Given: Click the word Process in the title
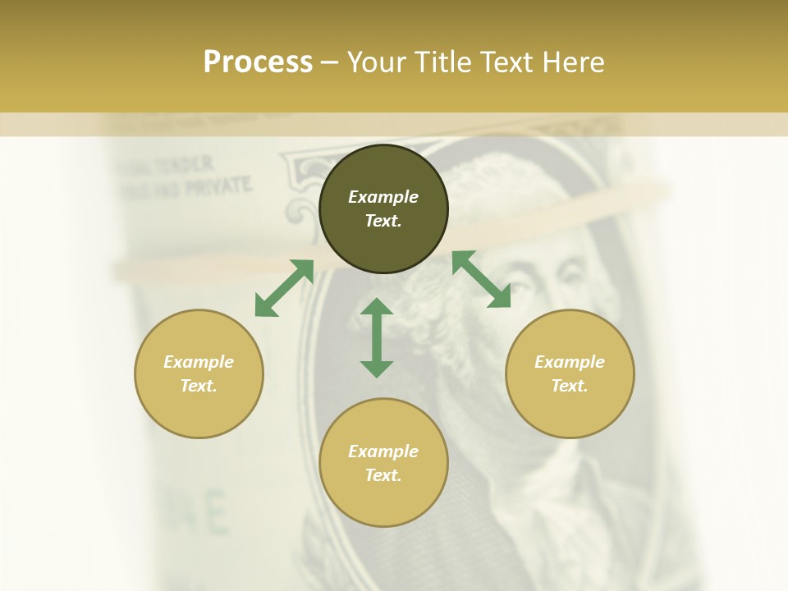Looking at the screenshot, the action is click(258, 62).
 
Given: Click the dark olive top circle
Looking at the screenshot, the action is click(383, 164).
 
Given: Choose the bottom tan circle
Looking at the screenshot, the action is click(383, 501).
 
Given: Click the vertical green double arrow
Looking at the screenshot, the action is click(377, 337).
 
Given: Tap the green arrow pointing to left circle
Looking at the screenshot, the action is click(284, 288).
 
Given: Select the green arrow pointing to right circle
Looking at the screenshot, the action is click(481, 279).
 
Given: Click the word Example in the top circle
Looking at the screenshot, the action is click(383, 197).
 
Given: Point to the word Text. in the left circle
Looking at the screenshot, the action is click(199, 386).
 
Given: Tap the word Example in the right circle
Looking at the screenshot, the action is click(570, 362).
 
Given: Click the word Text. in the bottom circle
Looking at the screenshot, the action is click(383, 475).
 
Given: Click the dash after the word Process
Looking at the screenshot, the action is click(330, 62).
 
